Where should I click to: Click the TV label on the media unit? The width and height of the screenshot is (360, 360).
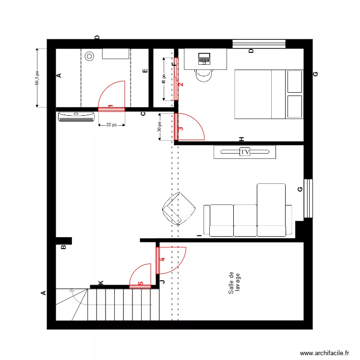click(x=245, y=152)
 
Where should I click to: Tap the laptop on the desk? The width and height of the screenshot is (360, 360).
click(x=204, y=59)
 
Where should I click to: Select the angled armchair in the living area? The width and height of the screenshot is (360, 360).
click(x=179, y=208)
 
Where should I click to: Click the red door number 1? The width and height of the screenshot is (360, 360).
click(x=110, y=106)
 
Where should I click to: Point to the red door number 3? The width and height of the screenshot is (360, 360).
click(x=180, y=129)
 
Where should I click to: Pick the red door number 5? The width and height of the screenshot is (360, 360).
click(x=141, y=284)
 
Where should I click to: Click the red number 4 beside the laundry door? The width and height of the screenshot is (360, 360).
click(x=162, y=260)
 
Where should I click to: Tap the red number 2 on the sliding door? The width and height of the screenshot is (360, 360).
click(x=180, y=84)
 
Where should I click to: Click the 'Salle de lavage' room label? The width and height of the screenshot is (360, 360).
click(x=234, y=283)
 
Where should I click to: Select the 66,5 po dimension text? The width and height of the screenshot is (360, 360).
click(x=37, y=78)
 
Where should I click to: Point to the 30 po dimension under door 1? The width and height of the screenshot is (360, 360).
click(x=111, y=125)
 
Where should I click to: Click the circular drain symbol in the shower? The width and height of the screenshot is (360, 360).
click(x=90, y=56)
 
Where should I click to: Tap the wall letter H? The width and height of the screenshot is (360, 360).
click(x=242, y=139)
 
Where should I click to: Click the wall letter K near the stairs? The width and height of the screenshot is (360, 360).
click(x=101, y=283)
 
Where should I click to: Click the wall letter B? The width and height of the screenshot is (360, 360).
click(x=63, y=248)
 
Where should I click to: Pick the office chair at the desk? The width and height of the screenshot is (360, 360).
click(x=204, y=75)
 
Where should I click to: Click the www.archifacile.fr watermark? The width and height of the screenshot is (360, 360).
click(x=324, y=353)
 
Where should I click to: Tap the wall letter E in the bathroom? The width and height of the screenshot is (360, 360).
click(x=145, y=72)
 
